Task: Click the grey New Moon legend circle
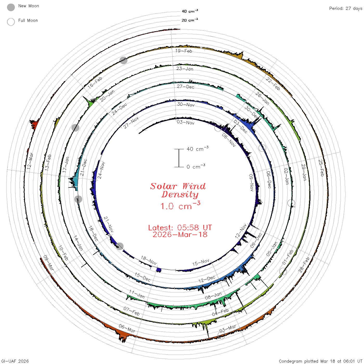[11, 7]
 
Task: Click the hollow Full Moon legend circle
[11, 22]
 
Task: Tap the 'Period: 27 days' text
[346, 9]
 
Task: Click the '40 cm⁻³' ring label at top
[190, 11]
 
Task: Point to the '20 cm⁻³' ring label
[190, 20]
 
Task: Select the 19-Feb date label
[184, 51]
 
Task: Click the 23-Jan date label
[185, 69]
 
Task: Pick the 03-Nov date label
[185, 122]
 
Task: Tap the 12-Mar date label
[30, 161]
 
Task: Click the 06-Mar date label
[127, 328]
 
